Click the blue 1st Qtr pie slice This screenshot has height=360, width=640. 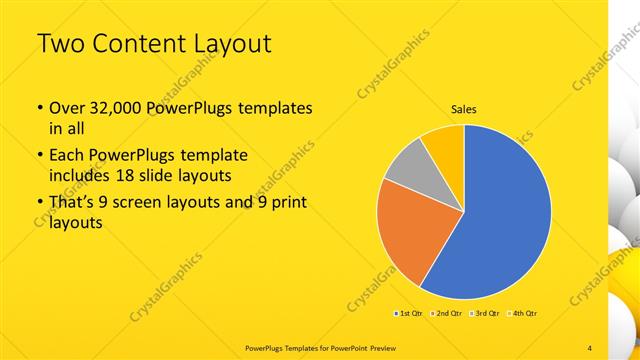point(505,215)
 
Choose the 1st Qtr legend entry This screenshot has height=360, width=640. point(410,314)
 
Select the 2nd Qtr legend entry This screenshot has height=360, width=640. point(447,314)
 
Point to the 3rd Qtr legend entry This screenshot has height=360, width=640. point(484,314)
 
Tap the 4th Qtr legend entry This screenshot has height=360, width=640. point(522,314)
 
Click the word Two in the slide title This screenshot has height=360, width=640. point(62,44)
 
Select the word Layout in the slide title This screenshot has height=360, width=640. point(229,44)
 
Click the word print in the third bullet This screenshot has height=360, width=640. point(287,204)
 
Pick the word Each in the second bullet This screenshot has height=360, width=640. point(68,156)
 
